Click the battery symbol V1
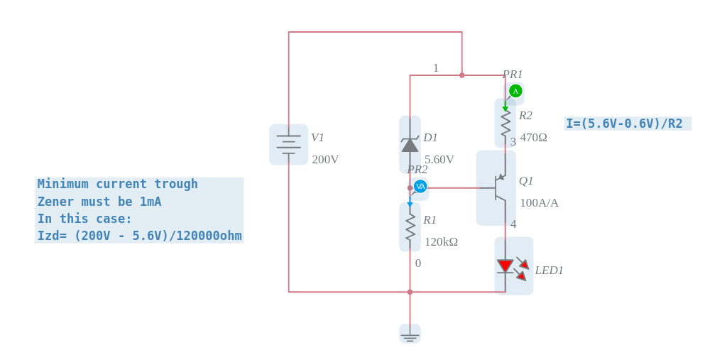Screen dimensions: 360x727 288,145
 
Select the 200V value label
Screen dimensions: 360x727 325,160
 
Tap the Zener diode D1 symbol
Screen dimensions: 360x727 410,145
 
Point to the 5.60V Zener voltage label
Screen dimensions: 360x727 439,160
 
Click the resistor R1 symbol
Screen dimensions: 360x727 410,227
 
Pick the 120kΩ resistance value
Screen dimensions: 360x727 441,242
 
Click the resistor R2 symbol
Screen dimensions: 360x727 505,123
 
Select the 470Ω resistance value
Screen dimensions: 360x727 533,138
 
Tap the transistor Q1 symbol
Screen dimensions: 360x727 497,188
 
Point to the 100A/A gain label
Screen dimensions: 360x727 539,203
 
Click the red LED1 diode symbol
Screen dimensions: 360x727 505,266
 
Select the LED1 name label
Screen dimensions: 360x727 549,271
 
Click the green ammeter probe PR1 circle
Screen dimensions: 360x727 515,91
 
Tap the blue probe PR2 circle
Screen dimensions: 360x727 420,186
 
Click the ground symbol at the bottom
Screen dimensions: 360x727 410,334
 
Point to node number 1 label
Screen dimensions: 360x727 436,68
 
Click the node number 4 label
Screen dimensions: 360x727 513,224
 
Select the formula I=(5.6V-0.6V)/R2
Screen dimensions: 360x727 624,124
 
